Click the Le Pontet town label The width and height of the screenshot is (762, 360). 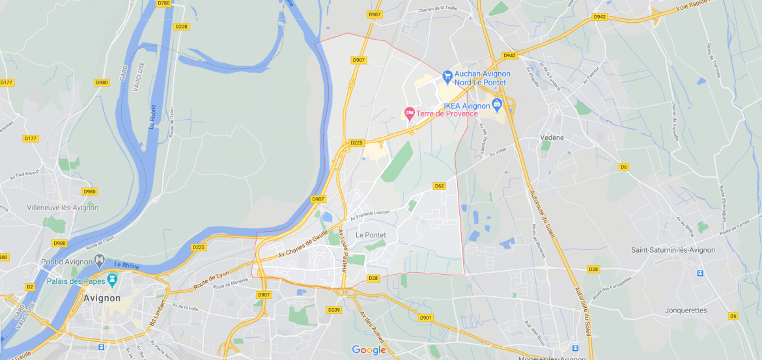coord(371,235)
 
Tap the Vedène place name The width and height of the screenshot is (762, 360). coord(552,138)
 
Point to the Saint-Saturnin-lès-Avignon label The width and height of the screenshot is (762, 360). coord(673,250)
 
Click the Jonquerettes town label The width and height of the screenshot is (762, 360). coord(686,311)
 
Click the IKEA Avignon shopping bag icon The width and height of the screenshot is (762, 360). coord(498,104)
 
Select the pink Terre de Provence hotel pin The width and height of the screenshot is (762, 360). coord(409,113)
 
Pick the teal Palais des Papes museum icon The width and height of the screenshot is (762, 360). coord(112,280)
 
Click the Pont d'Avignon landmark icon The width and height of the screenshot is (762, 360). coord(100,260)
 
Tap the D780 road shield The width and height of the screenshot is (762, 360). coord(163,3)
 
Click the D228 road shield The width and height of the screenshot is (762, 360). coord(181,27)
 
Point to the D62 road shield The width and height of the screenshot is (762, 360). coord(439,186)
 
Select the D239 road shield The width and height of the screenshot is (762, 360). coord(334,310)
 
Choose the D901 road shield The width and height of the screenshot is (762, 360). coord(425,318)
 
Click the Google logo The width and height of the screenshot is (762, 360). coord(369,350)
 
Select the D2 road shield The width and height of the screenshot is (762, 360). coord(30,287)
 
